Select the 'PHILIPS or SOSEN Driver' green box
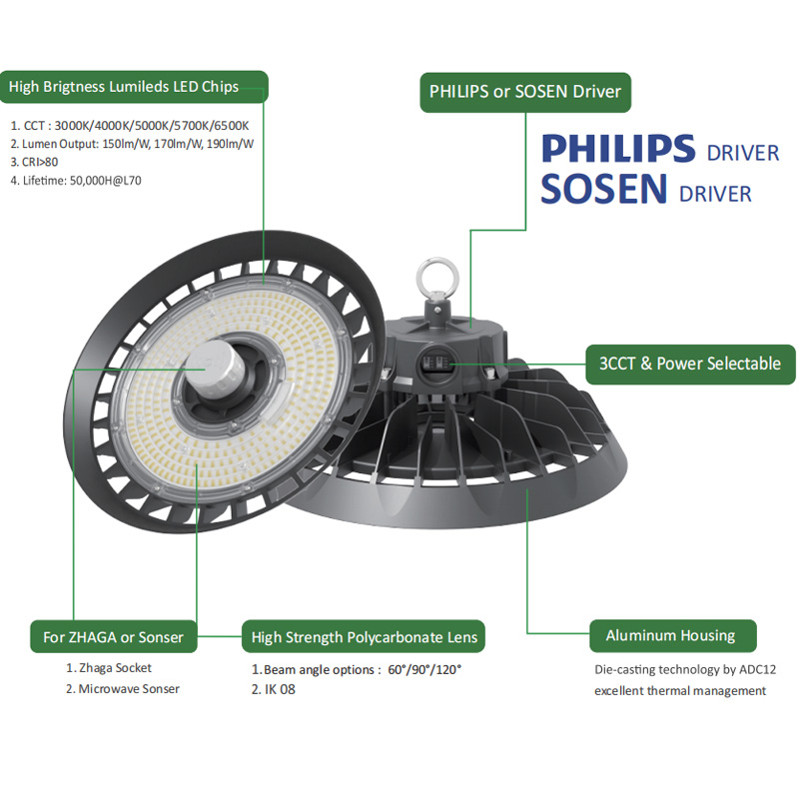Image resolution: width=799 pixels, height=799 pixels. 525,92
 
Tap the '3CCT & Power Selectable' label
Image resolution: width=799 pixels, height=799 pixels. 690,364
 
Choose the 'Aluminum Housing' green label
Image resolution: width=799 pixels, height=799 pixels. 672,636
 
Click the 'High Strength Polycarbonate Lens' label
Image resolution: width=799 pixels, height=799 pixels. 364,636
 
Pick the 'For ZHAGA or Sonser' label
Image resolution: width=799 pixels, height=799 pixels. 114,636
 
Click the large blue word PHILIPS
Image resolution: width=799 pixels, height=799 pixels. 618,148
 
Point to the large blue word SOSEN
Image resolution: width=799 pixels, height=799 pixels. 604,189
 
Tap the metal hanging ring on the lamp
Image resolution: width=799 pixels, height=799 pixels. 437,280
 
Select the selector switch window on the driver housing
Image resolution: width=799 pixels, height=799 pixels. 436,364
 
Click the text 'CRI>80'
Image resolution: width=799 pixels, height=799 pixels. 40,162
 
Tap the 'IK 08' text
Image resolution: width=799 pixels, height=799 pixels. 280,689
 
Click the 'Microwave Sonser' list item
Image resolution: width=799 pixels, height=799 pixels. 129,689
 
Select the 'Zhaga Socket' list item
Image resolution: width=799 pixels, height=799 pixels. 115,668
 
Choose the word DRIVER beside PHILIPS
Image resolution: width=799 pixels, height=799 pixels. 743,154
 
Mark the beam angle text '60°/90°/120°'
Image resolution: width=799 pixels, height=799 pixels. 424,669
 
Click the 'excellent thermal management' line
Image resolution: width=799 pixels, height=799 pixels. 680,691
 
